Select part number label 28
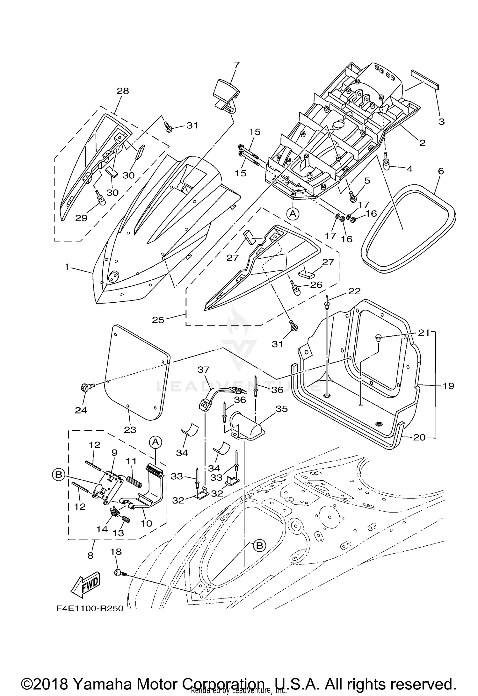[123, 91]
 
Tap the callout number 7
[236, 65]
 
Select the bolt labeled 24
[85, 388]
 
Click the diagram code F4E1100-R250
[90, 609]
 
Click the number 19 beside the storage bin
[448, 386]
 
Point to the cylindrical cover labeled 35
[245, 422]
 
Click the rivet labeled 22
[327, 303]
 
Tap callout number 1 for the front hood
[67, 266]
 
